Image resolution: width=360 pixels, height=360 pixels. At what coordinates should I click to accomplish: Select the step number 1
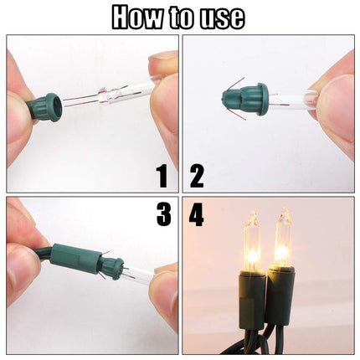tap(162, 176)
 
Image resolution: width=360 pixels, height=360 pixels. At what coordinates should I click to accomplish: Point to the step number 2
tap(197, 176)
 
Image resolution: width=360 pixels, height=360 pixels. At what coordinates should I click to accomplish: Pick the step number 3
tap(163, 214)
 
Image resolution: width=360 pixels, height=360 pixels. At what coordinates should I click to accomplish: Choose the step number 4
tap(196, 214)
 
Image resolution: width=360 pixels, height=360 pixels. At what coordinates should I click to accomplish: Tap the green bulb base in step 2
tap(245, 95)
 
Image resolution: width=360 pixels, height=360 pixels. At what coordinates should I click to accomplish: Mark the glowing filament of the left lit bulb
tap(253, 255)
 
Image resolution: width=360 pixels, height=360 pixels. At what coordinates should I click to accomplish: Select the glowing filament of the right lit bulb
tap(283, 252)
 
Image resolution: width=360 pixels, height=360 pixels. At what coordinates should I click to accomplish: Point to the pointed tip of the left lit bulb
tap(254, 212)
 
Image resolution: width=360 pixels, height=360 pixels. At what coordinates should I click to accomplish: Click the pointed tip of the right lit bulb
tap(285, 208)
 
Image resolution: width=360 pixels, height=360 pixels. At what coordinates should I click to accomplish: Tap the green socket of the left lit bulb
tap(251, 299)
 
